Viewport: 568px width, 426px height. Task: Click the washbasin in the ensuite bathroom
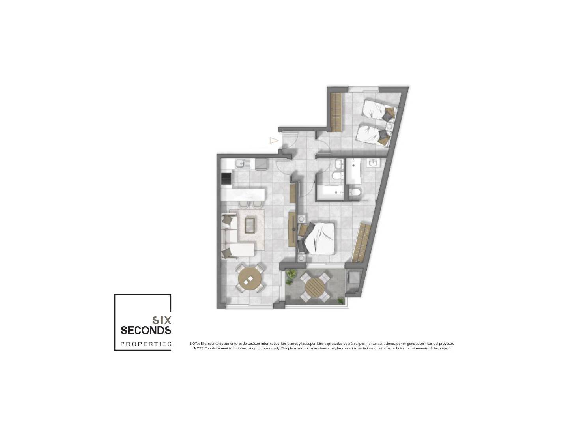point(373,163)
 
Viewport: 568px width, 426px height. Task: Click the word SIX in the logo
point(162,320)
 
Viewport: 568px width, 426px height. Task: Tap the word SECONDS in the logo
point(146,330)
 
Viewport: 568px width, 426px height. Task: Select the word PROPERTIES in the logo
point(146,344)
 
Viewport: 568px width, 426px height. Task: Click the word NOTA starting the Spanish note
point(194,344)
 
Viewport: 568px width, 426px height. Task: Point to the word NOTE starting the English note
point(199,348)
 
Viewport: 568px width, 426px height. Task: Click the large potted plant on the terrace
point(291,273)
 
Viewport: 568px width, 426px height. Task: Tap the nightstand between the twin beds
point(389,127)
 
